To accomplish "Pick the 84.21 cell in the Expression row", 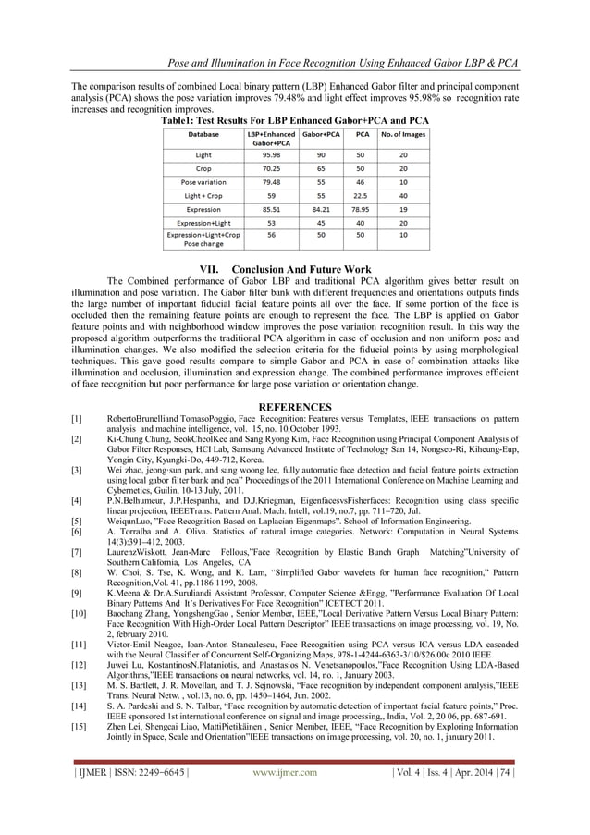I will [x=320, y=209].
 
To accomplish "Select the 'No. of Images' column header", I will [x=403, y=134].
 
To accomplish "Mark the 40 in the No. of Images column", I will [x=403, y=195].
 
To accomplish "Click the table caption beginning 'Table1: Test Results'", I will [x=295, y=120].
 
